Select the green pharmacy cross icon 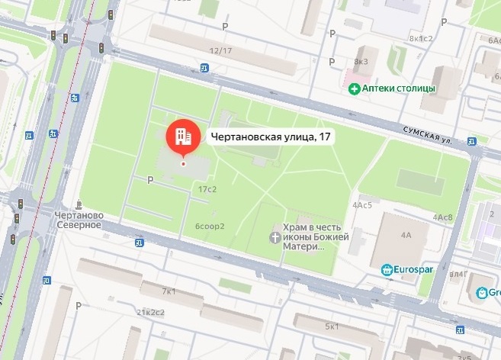[354, 89]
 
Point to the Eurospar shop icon [387, 269]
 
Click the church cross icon [275, 237]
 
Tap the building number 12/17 [220, 51]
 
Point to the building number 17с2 [207, 188]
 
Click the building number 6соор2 [210, 226]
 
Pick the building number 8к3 [360, 61]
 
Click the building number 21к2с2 [150, 313]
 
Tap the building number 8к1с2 [421, 38]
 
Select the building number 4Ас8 [443, 217]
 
